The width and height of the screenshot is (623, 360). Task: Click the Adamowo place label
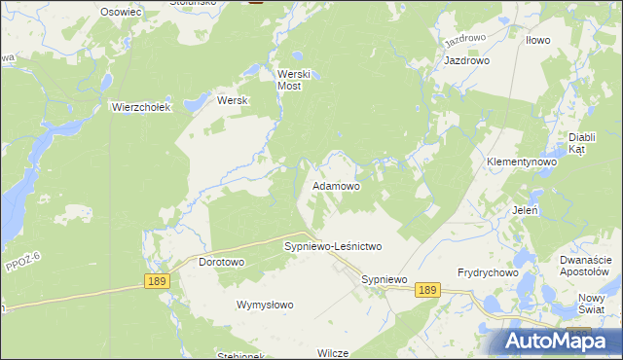[x=336, y=185]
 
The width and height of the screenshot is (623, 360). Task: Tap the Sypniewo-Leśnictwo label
[x=333, y=247]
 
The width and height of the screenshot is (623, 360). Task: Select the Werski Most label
[x=293, y=80]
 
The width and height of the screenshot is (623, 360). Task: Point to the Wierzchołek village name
[x=141, y=107]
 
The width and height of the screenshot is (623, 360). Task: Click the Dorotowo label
[x=221, y=262]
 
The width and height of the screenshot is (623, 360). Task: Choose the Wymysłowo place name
[x=265, y=305]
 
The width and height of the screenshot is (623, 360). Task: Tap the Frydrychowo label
[x=488, y=273]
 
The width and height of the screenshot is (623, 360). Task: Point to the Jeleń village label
[x=526, y=209]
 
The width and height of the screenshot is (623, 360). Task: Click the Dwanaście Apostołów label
[x=586, y=266]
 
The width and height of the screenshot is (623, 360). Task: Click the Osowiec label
[x=122, y=11]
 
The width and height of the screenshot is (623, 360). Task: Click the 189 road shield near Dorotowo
[x=157, y=280]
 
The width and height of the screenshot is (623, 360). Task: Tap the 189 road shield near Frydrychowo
[x=426, y=290]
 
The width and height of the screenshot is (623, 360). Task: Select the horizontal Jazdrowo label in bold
[x=466, y=60]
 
